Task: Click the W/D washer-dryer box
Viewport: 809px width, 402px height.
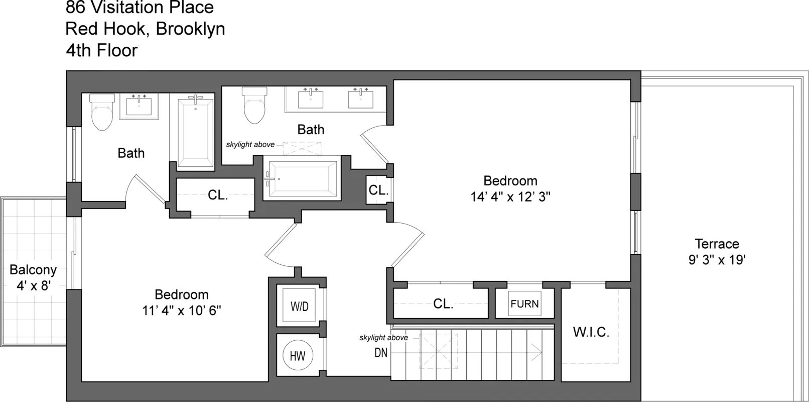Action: pos(299,306)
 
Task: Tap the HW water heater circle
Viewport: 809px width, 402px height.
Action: pos(298,356)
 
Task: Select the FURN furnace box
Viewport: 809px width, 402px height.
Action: pos(524,304)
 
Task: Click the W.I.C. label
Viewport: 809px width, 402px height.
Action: pos(591,332)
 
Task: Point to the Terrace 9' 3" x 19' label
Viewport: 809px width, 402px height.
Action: pos(717,252)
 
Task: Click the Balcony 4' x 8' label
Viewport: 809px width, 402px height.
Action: pos(33,277)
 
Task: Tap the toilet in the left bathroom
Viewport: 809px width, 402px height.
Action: pos(102,113)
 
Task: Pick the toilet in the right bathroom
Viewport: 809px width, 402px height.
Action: pos(254,106)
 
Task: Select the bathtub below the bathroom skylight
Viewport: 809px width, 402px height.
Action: pos(303,179)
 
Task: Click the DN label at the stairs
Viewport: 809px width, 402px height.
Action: pos(381,353)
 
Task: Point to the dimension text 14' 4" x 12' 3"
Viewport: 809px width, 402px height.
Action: pos(510,196)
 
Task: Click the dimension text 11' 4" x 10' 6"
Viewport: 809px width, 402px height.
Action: pos(181,310)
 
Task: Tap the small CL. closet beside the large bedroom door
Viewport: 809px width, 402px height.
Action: pos(378,190)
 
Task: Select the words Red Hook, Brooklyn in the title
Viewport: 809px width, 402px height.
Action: pos(145,29)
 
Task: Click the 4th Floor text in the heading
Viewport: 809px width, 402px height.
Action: pos(101,50)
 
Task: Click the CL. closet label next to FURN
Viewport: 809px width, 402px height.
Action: pos(443,304)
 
